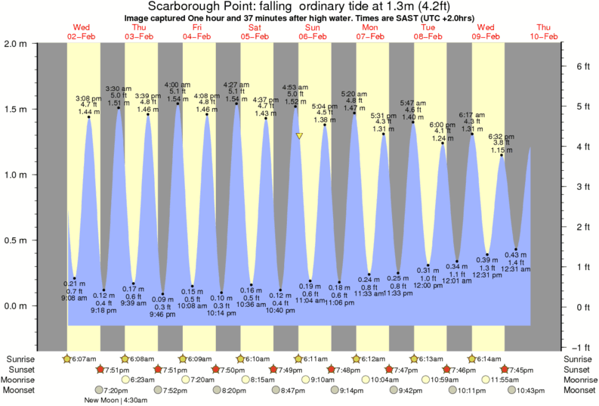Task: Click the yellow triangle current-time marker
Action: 300,136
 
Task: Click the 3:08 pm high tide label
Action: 88,98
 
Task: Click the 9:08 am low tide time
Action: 75,298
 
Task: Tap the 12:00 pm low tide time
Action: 428,286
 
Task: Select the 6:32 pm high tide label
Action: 502,136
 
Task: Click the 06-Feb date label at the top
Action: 312,36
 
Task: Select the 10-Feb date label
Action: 544,36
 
